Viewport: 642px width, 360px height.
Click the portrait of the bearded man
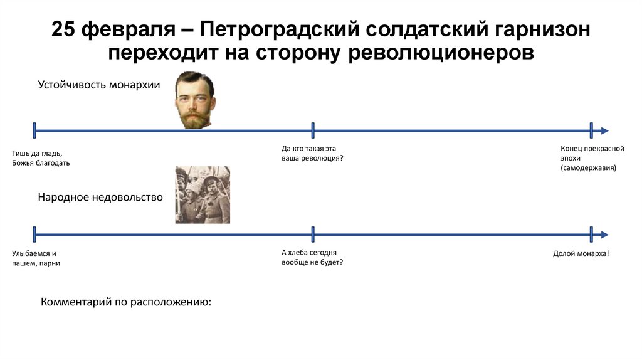coord(194,100)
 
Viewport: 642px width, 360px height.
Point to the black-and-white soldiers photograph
coord(203,195)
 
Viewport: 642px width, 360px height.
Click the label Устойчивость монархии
coord(99,85)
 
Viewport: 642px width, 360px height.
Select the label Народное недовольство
coord(100,198)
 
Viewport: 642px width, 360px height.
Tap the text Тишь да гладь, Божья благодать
coord(41,158)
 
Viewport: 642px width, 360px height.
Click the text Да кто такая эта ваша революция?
coord(312,153)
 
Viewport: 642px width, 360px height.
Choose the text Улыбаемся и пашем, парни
coord(36,258)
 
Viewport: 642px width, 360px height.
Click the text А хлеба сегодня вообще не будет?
coord(312,257)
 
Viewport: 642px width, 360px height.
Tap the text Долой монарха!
coord(581,253)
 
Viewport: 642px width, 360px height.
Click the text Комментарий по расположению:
coord(126,302)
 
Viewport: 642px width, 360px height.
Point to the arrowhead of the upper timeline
coord(604,130)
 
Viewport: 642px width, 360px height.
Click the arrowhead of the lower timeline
coord(604,235)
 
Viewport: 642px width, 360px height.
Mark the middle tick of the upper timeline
coord(313,130)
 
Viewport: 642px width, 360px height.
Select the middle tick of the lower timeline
coord(313,235)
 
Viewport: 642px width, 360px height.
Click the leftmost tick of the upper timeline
coord(34,130)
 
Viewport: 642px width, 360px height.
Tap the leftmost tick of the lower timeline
coord(34,235)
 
